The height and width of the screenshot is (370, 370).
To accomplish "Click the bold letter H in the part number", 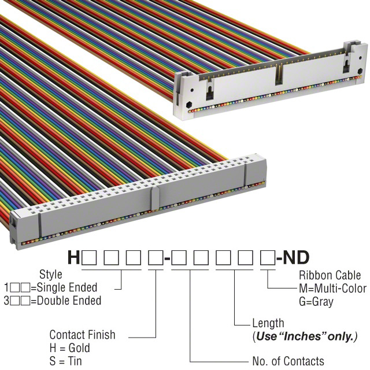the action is (x=74, y=257).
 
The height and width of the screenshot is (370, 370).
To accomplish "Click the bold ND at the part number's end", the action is (x=296, y=257).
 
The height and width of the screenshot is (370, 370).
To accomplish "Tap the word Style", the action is (x=50, y=275).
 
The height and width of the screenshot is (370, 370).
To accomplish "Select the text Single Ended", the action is (x=67, y=287).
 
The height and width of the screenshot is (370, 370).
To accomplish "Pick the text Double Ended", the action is (x=69, y=301).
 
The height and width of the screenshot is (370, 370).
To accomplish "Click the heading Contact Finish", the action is (x=82, y=335).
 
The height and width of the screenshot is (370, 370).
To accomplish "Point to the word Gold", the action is (x=79, y=348).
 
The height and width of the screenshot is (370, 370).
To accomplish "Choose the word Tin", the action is (x=75, y=361).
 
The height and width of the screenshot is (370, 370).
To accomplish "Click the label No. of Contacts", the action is (x=288, y=361).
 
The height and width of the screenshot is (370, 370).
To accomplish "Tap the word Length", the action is (x=268, y=323).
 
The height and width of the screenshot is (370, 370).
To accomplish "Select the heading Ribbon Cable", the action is (x=330, y=275).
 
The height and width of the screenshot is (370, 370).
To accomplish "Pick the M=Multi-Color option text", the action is (x=333, y=288).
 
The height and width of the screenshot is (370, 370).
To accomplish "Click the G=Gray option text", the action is (x=316, y=302).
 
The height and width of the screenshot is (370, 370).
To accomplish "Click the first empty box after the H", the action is (x=89, y=257).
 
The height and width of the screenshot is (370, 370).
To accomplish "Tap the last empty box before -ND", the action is (x=268, y=257).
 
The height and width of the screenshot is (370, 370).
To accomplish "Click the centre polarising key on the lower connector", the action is (x=154, y=198).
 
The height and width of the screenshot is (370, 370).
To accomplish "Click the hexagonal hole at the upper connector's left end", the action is (x=189, y=104).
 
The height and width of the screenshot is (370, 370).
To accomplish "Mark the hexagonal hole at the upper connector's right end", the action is (x=360, y=71).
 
